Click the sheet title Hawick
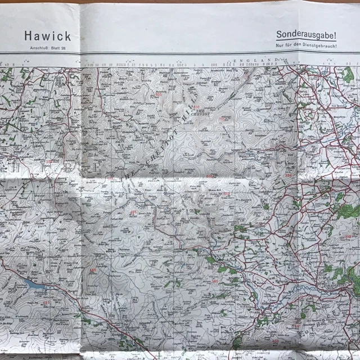pos(48,36)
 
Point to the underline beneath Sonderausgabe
pos(306,40)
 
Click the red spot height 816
pos(196,107)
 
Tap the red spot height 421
pos(133,212)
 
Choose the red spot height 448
pos(92,270)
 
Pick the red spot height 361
pos(214,281)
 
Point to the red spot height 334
pos(289,175)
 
